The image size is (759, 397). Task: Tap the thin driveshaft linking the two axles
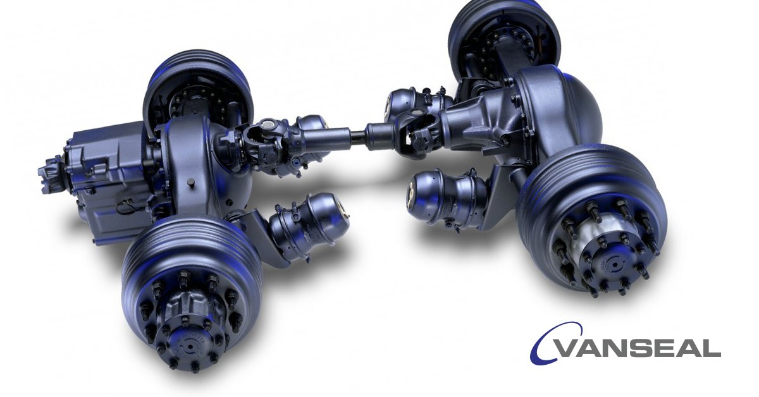pyautogui.click(x=354, y=133)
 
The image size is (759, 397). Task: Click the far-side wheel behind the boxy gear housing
pyautogui.click(x=196, y=89)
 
